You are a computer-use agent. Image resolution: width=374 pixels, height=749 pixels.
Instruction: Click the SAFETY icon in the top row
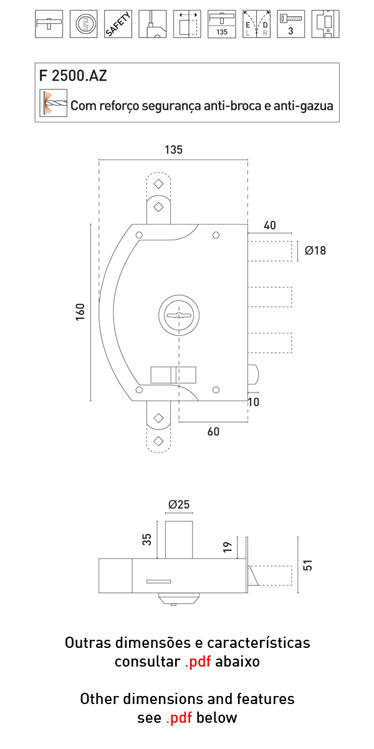pos(118,24)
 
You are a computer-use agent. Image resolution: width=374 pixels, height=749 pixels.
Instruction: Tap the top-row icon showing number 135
pos(221,24)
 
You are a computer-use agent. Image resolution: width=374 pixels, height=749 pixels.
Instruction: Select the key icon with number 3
pos(290,24)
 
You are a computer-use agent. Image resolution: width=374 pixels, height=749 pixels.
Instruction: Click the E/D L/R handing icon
pos(256,24)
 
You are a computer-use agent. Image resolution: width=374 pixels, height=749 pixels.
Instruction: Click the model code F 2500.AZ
pos(73,76)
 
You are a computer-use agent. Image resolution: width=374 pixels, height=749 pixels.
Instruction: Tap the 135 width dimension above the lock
pos(173,150)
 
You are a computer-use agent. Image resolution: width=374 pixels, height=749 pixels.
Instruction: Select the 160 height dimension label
pos(80,312)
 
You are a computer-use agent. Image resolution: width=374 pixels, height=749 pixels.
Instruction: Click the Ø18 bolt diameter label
pos(315,251)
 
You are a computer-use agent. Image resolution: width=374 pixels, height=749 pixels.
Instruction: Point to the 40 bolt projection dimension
pos(269,225)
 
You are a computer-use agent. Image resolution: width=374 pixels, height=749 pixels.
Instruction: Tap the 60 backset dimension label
pos(213,432)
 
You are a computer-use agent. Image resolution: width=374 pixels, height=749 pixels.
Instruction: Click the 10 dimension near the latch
pos(253,403)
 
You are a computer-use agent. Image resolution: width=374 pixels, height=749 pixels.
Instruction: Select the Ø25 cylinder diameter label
pos(179,504)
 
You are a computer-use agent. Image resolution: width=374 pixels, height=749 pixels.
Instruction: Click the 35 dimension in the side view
pos(147,539)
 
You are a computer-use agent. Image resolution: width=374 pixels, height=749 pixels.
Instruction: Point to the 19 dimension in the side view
pos(228,547)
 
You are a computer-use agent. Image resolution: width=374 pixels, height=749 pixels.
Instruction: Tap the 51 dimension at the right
pos(307,565)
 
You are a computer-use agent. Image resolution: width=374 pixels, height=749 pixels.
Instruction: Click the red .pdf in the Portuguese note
pos(198,662)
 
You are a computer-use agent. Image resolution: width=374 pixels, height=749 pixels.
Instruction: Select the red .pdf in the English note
pos(180,718)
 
